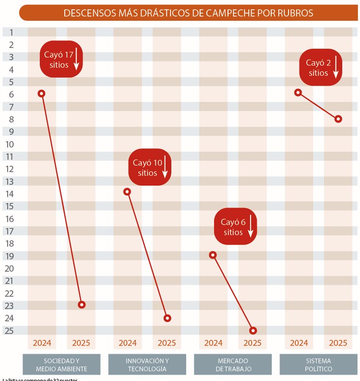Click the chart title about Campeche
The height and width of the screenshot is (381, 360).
(x=188, y=13)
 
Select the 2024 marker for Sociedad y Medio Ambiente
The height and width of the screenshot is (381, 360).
(x=41, y=93)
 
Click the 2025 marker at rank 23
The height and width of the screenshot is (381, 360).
(x=82, y=305)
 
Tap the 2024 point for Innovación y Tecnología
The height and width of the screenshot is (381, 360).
(x=127, y=192)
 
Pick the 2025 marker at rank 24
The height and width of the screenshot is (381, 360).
(x=167, y=318)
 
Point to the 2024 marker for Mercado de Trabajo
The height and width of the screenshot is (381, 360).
(x=213, y=255)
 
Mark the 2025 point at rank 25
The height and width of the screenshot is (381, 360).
(x=253, y=331)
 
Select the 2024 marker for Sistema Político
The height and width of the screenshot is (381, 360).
(x=298, y=92)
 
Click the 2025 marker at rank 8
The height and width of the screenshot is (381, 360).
(x=338, y=119)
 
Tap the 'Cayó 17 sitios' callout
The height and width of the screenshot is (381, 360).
(x=61, y=59)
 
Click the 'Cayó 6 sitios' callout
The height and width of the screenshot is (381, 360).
(x=236, y=227)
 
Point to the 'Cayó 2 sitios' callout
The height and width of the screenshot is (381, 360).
(x=321, y=67)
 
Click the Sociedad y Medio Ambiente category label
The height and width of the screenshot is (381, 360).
(x=61, y=365)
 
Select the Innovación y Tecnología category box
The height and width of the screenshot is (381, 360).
(x=147, y=365)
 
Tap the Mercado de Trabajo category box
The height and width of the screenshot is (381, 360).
(x=232, y=365)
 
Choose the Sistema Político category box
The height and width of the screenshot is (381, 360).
(x=318, y=365)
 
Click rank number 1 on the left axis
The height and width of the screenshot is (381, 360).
(x=11, y=32)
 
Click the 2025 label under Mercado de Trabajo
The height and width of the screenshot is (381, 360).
(x=252, y=343)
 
